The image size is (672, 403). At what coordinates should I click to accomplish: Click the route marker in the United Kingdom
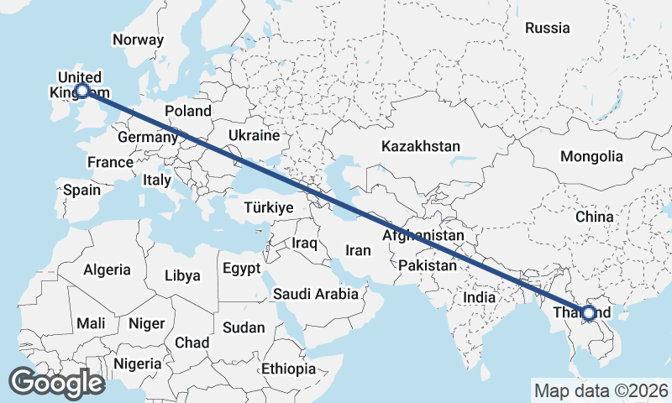82,91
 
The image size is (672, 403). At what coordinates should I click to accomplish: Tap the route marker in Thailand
589,313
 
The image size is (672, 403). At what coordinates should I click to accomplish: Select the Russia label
547,28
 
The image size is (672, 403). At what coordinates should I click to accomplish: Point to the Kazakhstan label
420,146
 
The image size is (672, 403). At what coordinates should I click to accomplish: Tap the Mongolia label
592,156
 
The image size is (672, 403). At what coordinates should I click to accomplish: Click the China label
595,217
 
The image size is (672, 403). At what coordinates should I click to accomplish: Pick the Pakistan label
428,265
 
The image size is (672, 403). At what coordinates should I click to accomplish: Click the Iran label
358,250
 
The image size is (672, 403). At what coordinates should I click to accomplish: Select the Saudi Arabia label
316,295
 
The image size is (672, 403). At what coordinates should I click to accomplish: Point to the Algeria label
107,270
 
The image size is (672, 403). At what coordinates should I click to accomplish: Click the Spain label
81,190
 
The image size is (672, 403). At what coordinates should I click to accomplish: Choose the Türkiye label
267,207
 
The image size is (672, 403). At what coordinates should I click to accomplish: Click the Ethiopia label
288,369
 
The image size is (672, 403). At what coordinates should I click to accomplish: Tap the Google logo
56,383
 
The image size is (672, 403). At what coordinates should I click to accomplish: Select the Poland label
188,111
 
